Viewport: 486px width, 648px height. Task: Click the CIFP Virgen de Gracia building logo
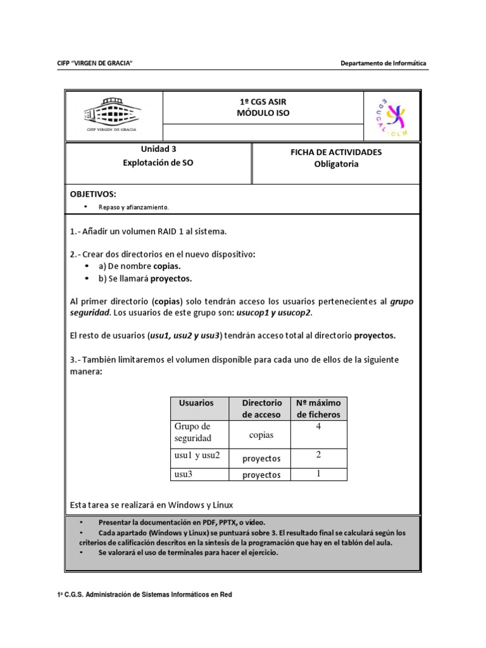113,115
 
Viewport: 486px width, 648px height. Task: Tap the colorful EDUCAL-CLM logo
391,116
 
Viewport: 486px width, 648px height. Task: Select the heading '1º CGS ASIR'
263,102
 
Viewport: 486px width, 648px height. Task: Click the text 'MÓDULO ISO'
263,113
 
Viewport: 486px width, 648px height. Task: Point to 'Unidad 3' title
158,150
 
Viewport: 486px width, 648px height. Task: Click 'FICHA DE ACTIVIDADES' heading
336,153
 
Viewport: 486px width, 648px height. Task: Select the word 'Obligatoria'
336,164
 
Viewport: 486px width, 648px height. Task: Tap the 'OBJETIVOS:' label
93,194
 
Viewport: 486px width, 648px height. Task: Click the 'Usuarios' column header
196,403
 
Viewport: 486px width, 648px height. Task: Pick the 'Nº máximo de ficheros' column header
318,409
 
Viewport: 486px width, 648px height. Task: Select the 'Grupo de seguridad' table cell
193,432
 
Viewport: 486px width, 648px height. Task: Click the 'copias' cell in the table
261,435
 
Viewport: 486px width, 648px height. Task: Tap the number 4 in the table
318,427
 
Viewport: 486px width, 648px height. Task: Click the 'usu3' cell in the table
184,473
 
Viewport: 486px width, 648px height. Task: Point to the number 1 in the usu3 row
318,473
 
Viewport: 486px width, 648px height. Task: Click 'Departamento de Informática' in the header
383,63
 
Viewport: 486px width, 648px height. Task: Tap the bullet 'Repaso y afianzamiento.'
134,207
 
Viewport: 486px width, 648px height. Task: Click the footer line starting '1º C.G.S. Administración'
144,595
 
